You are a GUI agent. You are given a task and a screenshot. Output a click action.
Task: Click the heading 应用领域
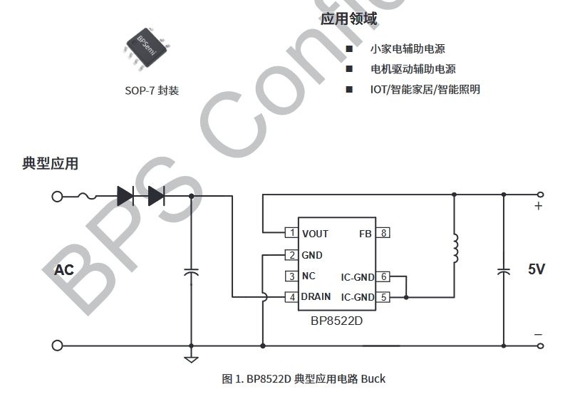[x=348, y=19]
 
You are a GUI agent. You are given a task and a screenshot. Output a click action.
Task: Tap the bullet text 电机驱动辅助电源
[x=413, y=69]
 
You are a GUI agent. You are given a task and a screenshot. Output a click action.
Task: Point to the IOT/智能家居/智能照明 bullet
[x=425, y=90]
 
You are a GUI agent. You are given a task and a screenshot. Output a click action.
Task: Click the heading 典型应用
[x=51, y=163]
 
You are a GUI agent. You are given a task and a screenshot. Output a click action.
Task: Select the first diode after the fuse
[x=125, y=195]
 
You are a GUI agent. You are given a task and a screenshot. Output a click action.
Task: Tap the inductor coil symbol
[x=455, y=247]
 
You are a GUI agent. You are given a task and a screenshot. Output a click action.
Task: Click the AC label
[x=64, y=270]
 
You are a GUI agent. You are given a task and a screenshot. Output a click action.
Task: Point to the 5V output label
[x=537, y=269]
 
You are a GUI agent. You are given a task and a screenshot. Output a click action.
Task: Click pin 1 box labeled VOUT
[x=291, y=233]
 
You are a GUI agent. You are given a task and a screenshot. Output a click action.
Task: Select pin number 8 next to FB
[x=384, y=233]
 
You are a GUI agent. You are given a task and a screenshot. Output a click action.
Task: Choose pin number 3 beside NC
[x=291, y=276]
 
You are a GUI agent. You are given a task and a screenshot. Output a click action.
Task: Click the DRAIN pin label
[x=316, y=297]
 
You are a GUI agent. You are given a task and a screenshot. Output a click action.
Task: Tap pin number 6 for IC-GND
[x=384, y=276]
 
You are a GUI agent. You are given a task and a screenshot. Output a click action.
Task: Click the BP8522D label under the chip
[x=336, y=321]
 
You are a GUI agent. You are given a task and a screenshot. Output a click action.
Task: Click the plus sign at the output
[x=539, y=207]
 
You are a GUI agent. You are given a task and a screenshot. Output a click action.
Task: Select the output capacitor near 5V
[x=504, y=271]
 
